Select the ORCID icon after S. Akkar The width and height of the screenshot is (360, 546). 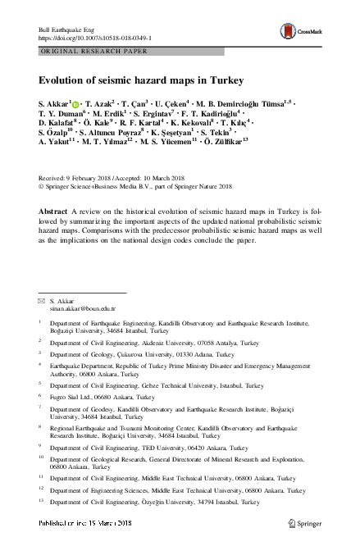[x=75, y=104]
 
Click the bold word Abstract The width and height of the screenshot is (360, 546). [x=52, y=211]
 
